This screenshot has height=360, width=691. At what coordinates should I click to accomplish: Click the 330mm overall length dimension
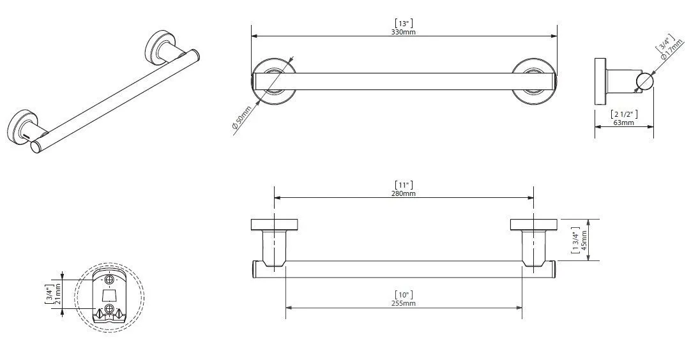pyautogui.click(x=404, y=31)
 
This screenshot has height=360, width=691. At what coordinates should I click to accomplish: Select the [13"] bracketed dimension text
pyautogui.click(x=404, y=23)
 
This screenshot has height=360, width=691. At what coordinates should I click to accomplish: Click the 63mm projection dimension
pyautogui.click(x=623, y=123)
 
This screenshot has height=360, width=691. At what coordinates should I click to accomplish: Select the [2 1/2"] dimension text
pyautogui.click(x=623, y=114)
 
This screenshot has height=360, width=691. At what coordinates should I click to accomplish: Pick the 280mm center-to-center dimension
pyautogui.click(x=404, y=193)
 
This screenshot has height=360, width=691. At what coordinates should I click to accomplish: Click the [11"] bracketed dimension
pyautogui.click(x=404, y=185)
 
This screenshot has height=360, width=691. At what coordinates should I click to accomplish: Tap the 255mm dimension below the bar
pyautogui.click(x=404, y=304)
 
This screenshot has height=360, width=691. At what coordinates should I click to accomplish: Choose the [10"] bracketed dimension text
pyautogui.click(x=404, y=295)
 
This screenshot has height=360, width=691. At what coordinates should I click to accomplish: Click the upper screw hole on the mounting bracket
pyautogui.click(x=109, y=280)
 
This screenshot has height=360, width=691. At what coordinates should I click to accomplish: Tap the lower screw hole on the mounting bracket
pyautogui.click(x=109, y=310)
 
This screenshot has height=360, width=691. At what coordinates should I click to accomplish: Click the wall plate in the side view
pyautogui.click(x=600, y=82)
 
